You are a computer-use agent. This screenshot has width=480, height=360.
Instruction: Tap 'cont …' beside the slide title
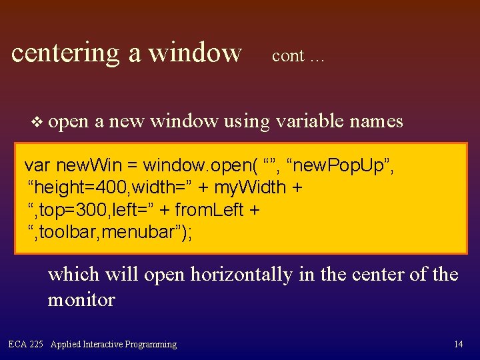[298, 56]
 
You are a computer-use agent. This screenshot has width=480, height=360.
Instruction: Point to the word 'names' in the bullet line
[378, 121]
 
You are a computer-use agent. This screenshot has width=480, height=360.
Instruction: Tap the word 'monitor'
[81, 299]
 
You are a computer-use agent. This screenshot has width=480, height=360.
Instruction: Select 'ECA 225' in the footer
[26, 345]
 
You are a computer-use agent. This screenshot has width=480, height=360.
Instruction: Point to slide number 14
[458, 345]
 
